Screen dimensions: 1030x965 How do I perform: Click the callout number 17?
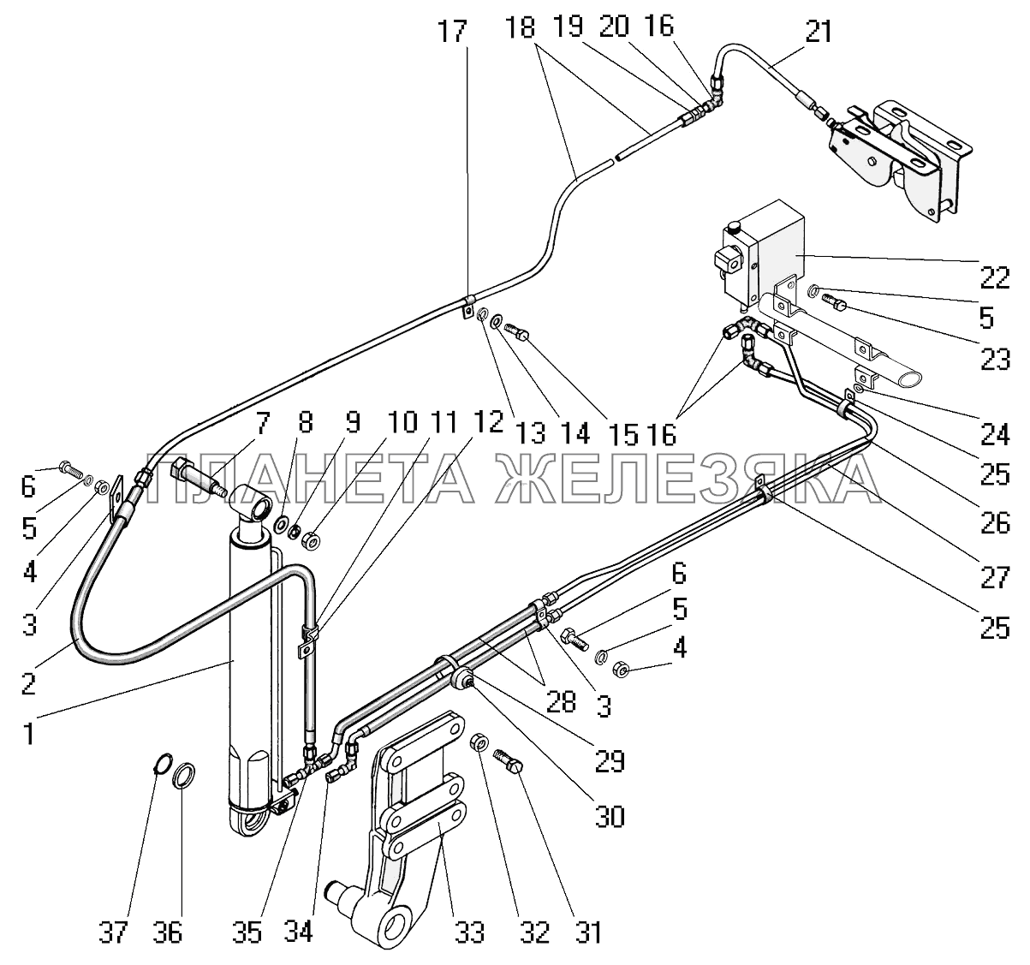(453, 31)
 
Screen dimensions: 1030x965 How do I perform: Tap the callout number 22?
(995, 277)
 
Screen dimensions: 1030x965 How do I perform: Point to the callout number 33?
(469, 932)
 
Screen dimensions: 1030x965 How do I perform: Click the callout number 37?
(113, 932)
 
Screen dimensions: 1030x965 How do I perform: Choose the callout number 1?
(30, 734)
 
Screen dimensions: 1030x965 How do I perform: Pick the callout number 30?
(610, 817)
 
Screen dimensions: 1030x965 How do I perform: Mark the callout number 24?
(995, 434)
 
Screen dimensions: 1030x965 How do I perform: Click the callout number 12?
(487, 422)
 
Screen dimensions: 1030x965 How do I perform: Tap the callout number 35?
(247, 932)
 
